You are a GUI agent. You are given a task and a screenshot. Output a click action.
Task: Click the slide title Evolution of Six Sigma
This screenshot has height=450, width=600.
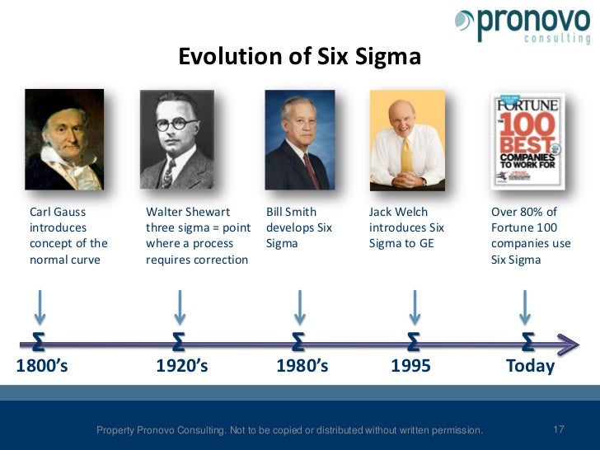300,57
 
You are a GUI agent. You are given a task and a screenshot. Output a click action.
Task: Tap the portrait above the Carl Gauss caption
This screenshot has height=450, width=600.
64,139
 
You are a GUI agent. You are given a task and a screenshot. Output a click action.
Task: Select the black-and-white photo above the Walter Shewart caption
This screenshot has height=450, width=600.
176,139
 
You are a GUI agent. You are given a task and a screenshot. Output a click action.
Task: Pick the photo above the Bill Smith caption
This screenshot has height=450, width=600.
299,139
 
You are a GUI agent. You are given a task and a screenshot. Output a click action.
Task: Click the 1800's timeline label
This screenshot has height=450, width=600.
42,366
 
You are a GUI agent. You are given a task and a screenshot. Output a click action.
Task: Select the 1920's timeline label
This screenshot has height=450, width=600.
182,366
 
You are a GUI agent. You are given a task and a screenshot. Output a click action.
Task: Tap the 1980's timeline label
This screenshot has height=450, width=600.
302,366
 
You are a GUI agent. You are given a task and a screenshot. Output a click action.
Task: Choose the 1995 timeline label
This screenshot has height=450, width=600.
410,366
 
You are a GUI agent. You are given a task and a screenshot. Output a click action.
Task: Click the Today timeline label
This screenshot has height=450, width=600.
530,366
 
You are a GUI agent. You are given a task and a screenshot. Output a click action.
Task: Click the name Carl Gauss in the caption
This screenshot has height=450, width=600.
58,212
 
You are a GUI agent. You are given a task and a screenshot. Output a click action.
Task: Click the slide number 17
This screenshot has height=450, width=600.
559,429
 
